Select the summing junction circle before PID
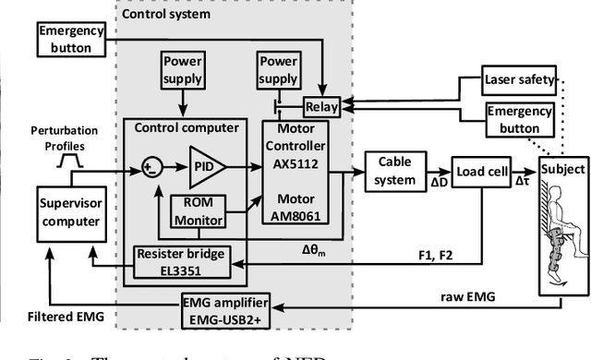(x=153, y=166)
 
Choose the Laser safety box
(x=518, y=80)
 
